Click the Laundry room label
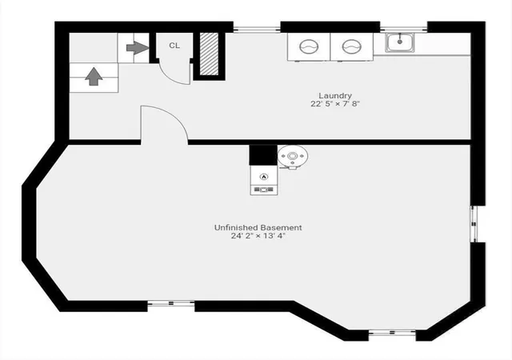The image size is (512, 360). (x=335, y=96)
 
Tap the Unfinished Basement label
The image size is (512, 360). (x=258, y=228)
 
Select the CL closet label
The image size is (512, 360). (x=174, y=46)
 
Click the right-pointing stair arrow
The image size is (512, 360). (x=138, y=48)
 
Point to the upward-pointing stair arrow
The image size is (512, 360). (x=94, y=77)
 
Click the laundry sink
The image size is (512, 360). (x=400, y=42)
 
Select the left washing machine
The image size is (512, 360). (x=309, y=46)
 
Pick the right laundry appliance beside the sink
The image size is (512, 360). (x=352, y=46)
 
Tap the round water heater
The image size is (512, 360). (x=293, y=157)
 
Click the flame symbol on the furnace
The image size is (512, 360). (x=264, y=177)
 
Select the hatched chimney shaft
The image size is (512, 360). (x=209, y=54)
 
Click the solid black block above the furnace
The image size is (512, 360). (x=263, y=155)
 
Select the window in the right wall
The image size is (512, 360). (x=474, y=224)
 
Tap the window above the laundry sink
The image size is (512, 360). (x=403, y=29)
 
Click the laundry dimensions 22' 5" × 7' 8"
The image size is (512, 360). (x=335, y=104)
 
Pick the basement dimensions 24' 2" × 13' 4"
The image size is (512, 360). (x=258, y=236)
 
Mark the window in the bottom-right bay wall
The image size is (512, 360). (x=392, y=333)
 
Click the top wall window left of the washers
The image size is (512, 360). (x=257, y=29)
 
